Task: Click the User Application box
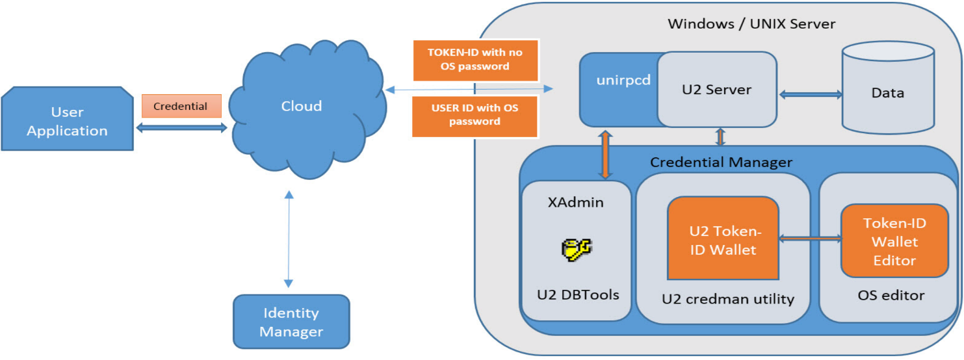click(67, 122)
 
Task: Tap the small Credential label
click(181, 106)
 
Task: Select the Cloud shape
click(302, 106)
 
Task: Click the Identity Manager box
click(291, 322)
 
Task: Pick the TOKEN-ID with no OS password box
click(475, 59)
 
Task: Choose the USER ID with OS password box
click(475, 116)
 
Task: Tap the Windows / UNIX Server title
click(751, 24)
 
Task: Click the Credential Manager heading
click(722, 162)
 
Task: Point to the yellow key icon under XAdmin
click(576, 249)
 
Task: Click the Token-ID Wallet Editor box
click(894, 241)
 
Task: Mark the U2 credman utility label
click(723, 299)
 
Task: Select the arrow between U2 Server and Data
click(810, 95)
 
